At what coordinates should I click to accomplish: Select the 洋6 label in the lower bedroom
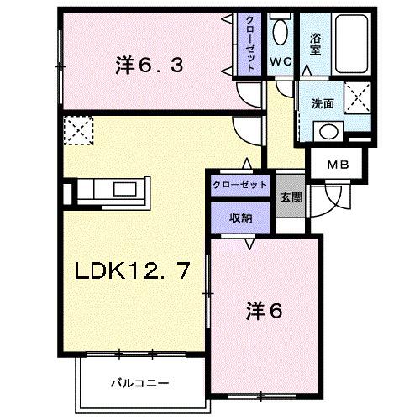click(x=264, y=310)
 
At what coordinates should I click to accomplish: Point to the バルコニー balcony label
click(x=140, y=382)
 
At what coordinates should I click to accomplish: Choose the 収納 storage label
click(x=241, y=217)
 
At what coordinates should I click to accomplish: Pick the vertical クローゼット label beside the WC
click(x=251, y=44)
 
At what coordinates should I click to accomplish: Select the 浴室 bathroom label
click(x=316, y=43)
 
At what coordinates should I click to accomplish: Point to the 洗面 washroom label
click(x=323, y=104)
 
